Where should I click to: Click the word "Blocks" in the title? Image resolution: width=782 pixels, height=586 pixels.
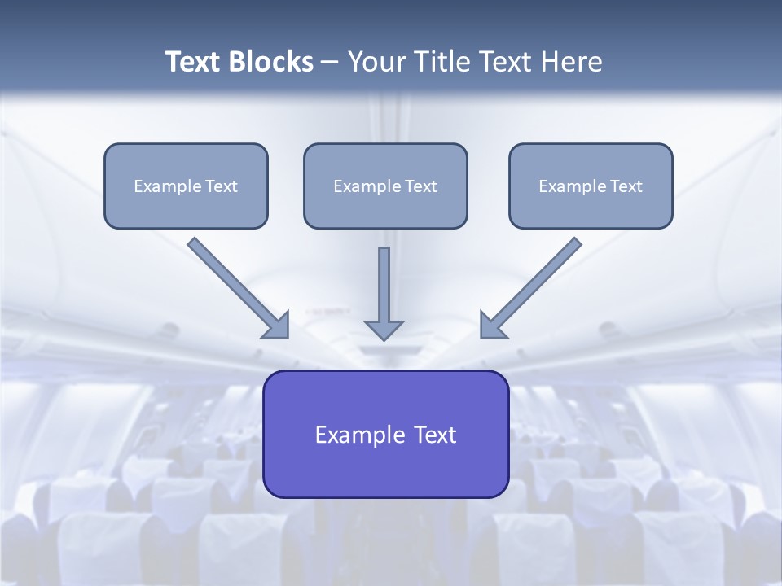tap(270, 62)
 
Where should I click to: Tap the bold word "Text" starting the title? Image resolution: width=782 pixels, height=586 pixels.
tap(194, 62)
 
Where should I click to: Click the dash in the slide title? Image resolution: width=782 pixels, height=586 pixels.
tap(330, 63)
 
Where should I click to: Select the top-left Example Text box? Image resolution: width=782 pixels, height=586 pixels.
tap(186, 186)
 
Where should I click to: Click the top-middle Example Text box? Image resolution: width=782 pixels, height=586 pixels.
tap(385, 186)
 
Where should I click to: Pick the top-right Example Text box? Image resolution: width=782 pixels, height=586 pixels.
tap(591, 186)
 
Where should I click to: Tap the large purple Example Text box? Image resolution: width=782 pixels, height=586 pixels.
tap(385, 434)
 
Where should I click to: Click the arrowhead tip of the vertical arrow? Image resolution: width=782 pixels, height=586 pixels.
tap(384, 337)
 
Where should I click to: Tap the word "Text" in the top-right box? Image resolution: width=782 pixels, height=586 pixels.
tap(626, 186)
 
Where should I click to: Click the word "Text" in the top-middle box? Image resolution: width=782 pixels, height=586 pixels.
tap(421, 186)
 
